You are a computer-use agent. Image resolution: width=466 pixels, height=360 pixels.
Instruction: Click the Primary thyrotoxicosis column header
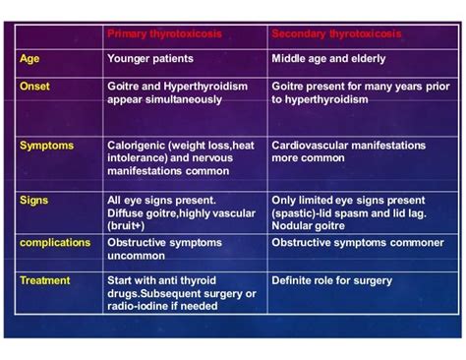164,33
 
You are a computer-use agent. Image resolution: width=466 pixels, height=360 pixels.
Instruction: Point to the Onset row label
34,87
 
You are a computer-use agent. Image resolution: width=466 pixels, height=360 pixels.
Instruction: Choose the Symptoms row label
46,146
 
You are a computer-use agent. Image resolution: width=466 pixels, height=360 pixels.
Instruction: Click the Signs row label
33,200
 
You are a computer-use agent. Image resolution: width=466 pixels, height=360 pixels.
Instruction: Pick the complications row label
55,242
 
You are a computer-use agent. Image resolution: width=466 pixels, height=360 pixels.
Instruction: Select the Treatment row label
45,280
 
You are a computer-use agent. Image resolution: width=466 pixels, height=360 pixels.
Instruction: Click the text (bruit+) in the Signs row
129,224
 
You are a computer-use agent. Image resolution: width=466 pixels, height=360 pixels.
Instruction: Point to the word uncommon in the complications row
135,255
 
